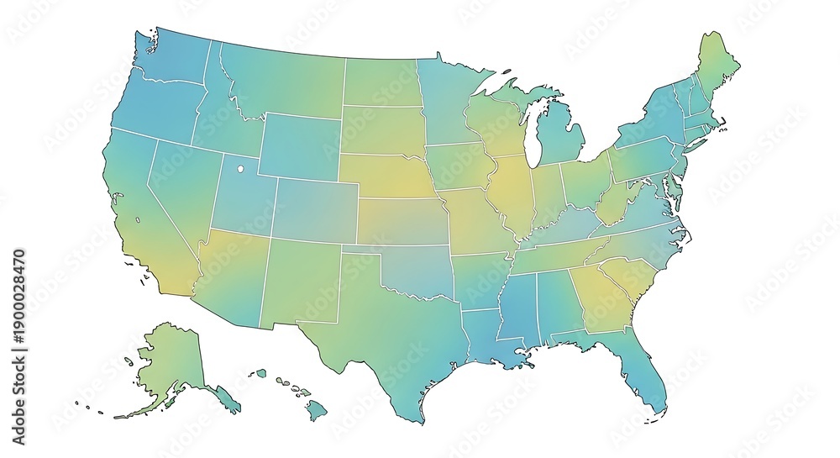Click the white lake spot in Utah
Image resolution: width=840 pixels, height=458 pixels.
[x=239, y=168]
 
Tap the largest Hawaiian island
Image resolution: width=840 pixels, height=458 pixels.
[x=315, y=411]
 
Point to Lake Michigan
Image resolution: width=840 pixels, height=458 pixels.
[x=531, y=134]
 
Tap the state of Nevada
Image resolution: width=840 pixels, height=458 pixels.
[x=181, y=189]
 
